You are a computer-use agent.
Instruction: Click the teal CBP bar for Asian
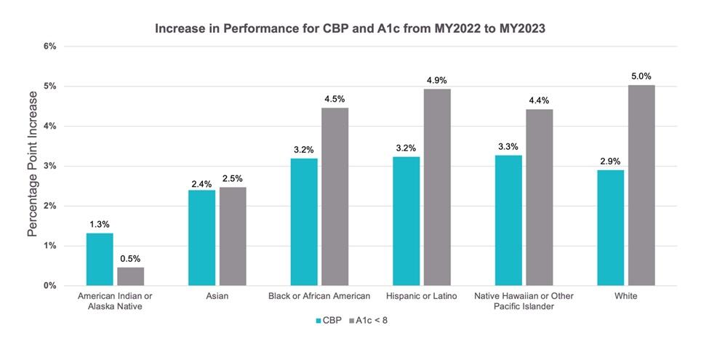[x=201, y=238]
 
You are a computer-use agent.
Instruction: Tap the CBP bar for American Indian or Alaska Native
[x=100, y=259]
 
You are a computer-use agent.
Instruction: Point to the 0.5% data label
[x=131, y=259]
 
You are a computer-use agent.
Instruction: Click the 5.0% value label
[x=641, y=76]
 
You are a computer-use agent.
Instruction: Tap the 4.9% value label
[x=437, y=80]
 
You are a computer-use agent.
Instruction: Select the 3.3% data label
[x=508, y=146]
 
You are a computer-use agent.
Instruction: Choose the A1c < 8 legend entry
[x=372, y=319]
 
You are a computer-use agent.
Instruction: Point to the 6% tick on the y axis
[x=50, y=47]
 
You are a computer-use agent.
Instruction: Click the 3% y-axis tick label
[x=50, y=166]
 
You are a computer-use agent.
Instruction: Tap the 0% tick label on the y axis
[x=50, y=286]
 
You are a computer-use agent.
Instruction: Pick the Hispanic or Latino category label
[x=422, y=296]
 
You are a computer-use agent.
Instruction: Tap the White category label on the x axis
[x=626, y=296]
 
